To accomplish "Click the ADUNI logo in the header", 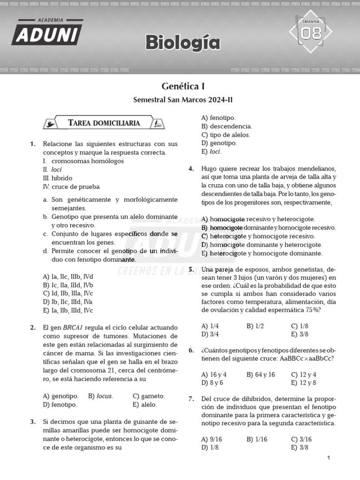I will click(47, 32).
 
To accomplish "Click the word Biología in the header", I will click(182, 43).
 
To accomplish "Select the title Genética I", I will click(183, 86).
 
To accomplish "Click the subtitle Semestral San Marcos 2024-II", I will click(183, 100).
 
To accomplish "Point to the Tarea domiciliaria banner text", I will click(104, 123).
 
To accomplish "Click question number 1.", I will click(33, 144).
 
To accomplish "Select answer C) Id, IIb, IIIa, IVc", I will click(68, 293).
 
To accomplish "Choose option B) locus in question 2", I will click(101, 396).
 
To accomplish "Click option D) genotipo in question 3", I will click(219, 143).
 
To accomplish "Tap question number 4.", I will click(191, 168).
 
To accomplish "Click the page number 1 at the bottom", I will click(329, 458).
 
